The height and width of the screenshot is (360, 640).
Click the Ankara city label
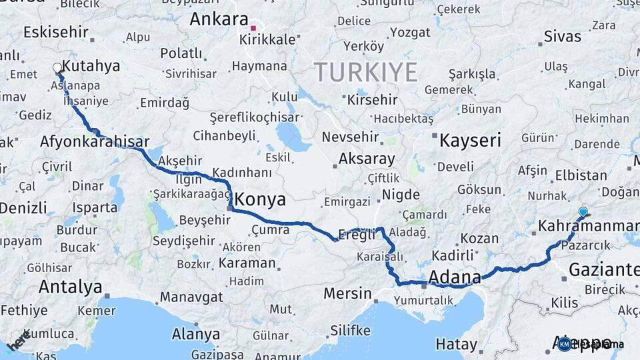(x=219, y=19)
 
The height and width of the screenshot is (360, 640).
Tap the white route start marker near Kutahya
(x=57, y=68)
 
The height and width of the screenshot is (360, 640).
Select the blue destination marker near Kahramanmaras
(x=583, y=213)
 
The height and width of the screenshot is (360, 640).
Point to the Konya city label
(x=261, y=199)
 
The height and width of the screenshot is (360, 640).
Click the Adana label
(x=455, y=277)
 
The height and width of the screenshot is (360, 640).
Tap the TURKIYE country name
(x=366, y=72)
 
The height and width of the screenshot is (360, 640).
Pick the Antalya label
(x=70, y=287)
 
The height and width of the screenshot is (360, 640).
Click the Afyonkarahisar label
(x=94, y=142)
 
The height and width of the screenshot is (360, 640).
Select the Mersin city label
(x=347, y=293)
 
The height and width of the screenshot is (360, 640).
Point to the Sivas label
(x=562, y=36)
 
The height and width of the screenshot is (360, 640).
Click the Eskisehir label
(x=55, y=32)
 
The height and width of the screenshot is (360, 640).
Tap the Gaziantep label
(x=603, y=269)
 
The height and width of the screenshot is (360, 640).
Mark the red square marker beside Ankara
(x=253, y=28)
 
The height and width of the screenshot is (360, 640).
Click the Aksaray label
(x=367, y=159)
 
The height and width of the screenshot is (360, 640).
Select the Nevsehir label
(x=350, y=137)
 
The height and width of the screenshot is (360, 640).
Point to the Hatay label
(x=457, y=345)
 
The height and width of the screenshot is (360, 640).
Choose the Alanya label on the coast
(x=196, y=333)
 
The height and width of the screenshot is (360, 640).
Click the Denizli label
(x=23, y=207)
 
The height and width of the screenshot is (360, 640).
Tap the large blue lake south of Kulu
(x=289, y=136)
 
